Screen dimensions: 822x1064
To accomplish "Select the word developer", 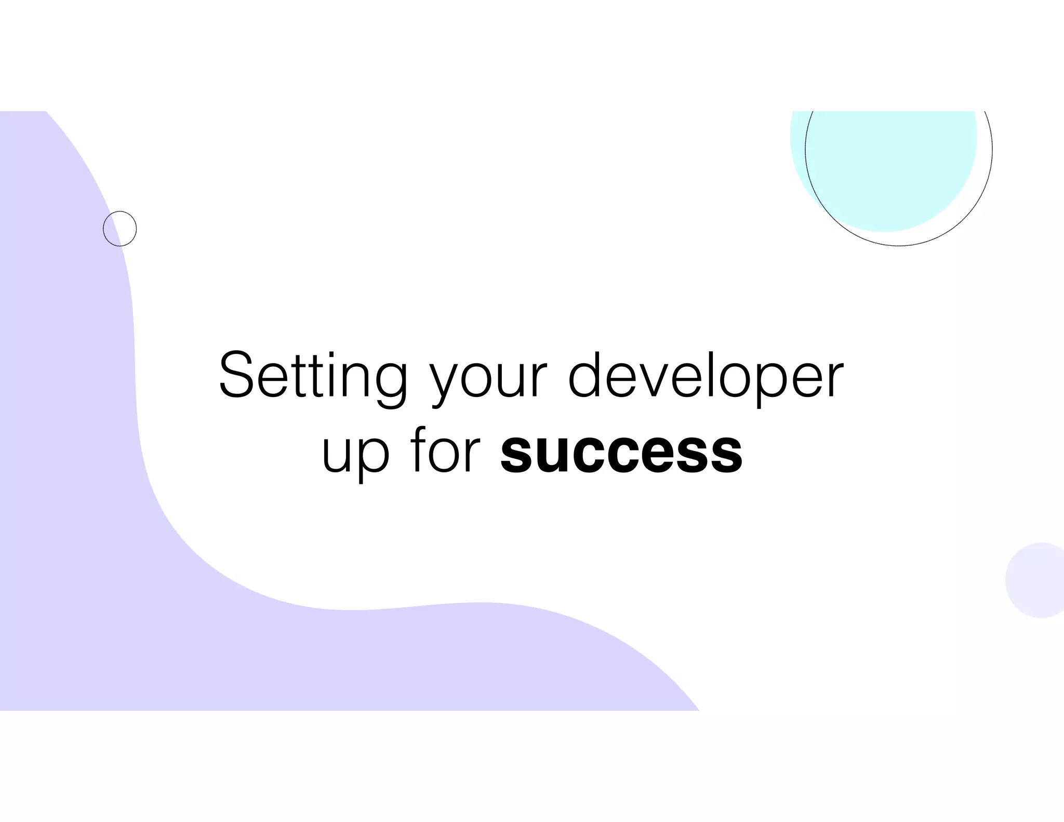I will [x=706, y=375].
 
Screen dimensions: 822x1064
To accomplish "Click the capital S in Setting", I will [x=239, y=374].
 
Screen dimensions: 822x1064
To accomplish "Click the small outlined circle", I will [x=120, y=229].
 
